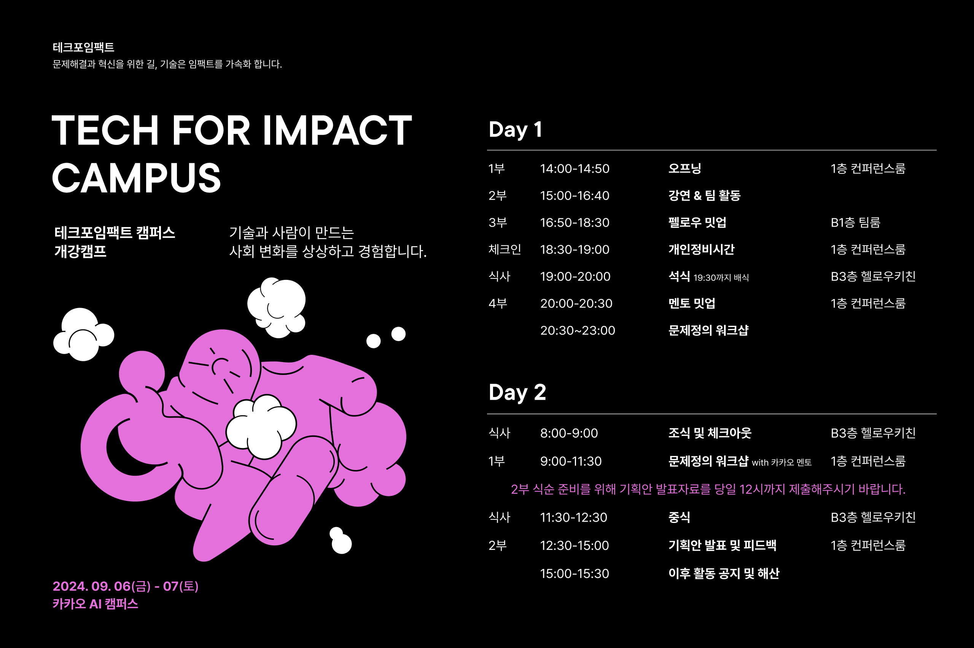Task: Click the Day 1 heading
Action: [x=515, y=130]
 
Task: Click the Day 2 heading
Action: [x=517, y=392]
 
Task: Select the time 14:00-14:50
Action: [x=575, y=168]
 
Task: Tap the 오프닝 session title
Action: [x=684, y=168]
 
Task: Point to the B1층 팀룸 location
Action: [x=855, y=222]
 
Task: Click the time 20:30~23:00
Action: [x=578, y=330]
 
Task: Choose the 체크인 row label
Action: [x=505, y=249]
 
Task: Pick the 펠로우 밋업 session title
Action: [x=697, y=222]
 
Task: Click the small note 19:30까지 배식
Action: [x=721, y=277]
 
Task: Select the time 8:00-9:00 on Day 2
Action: [x=569, y=433]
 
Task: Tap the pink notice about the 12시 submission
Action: [x=708, y=489]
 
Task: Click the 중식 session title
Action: [x=679, y=517]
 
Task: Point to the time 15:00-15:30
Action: [x=574, y=573]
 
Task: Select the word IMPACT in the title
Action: [x=337, y=130]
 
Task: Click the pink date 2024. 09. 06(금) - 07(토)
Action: [x=125, y=586]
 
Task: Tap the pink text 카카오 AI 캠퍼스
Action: [x=95, y=604]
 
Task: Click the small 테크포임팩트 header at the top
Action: [x=83, y=47]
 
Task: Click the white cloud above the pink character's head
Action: [x=276, y=307]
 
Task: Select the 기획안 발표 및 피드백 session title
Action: [x=722, y=545]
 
